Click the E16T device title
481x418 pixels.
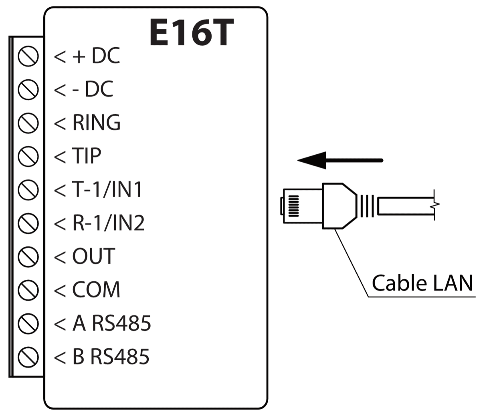pyautogui.click(x=191, y=33)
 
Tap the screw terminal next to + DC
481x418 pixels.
pyautogui.click(x=28, y=56)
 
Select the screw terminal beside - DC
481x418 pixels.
pyautogui.click(x=28, y=89)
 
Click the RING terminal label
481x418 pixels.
pyautogui.click(x=96, y=123)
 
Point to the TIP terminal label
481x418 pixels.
pyautogui.click(x=86, y=156)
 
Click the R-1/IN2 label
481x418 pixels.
pyautogui.click(x=108, y=223)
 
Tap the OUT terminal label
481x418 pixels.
pyautogui.click(x=93, y=256)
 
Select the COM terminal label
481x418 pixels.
pyautogui.click(x=96, y=290)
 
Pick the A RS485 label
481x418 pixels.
pyautogui.click(x=111, y=323)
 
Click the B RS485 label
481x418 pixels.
pyautogui.click(x=111, y=357)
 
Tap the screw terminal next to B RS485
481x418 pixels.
pyautogui.click(x=28, y=357)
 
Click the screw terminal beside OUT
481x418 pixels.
pyautogui.click(x=28, y=256)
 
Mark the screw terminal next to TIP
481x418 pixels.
pyautogui.click(x=28, y=156)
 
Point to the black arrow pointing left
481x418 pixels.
pyautogui.click(x=340, y=160)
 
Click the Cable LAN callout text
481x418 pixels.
pyautogui.click(x=422, y=283)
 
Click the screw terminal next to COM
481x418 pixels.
pyautogui.click(x=28, y=290)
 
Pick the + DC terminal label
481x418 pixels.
pyautogui.click(x=96, y=56)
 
